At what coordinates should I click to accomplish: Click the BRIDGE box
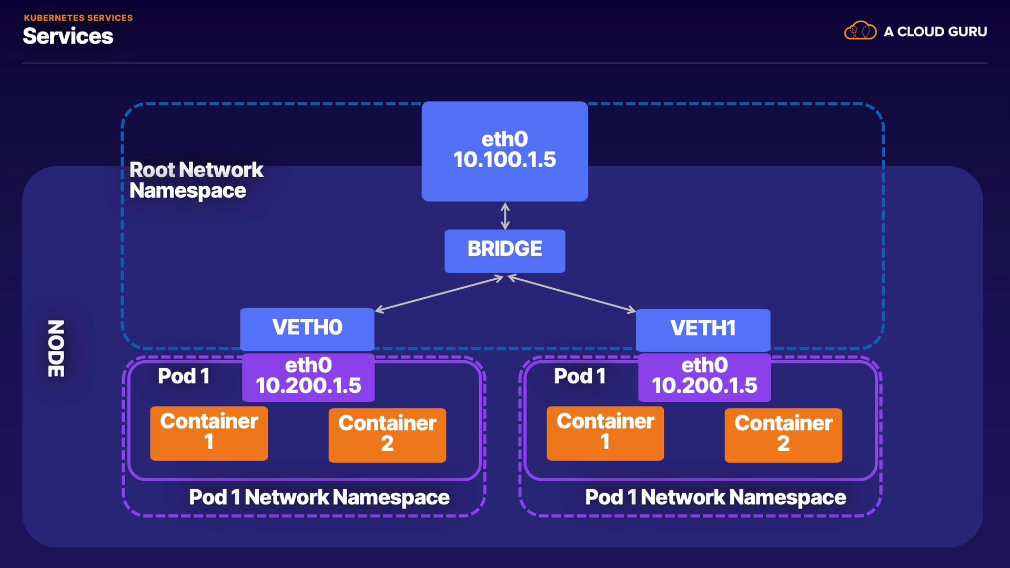[x=504, y=251]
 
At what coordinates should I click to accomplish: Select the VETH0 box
[x=307, y=329]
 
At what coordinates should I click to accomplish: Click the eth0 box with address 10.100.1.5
[x=504, y=151]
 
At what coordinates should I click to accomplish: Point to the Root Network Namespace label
[x=196, y=180]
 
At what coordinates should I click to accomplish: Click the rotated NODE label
[x=56, y=348]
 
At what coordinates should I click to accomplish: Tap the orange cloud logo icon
[x=860, y=31]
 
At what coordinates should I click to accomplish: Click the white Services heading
[x=68, y=36]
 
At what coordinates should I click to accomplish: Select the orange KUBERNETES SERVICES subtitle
[x=78, y=18]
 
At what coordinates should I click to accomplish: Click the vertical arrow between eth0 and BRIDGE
[x=505, y=216]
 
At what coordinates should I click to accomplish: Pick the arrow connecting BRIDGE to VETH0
[x=439, y=294]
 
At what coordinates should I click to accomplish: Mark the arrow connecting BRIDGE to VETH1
[x=572, y=294]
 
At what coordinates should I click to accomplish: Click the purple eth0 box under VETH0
[x=308, y=377]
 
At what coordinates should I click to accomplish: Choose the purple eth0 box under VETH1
[x=704, y=377]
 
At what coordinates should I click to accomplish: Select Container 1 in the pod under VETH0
[x=209, y=433]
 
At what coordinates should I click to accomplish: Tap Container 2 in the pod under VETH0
[x=387, y=435]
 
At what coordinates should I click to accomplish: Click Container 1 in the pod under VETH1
[x=605, y=433]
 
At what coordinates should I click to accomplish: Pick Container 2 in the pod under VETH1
[x=783, y=435]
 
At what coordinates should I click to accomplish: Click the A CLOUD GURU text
[x=935, y=32]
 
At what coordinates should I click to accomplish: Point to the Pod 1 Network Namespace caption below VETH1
[x=715, y=497]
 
